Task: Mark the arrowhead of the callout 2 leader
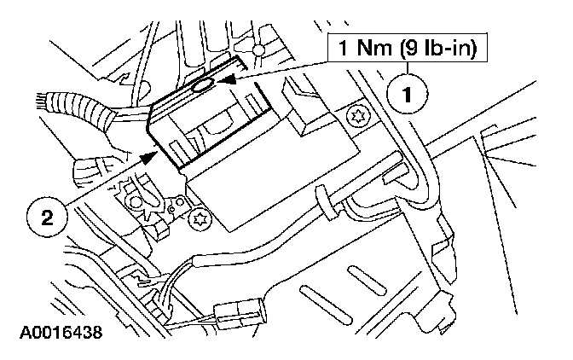click(x=151, y=157)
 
